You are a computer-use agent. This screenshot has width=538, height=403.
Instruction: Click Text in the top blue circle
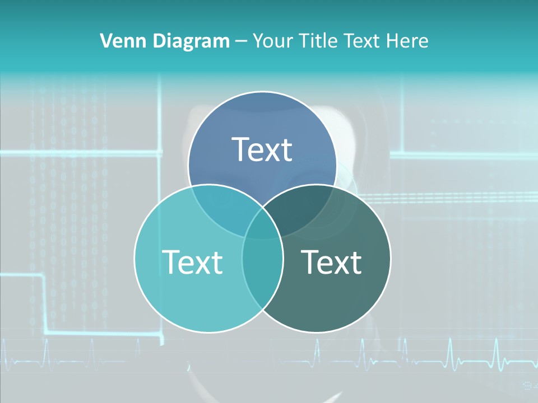tap(262, 149)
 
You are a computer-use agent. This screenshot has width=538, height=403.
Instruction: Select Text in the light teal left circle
tap(192, 261)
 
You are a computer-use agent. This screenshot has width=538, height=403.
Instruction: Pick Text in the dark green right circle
tap(332, 261)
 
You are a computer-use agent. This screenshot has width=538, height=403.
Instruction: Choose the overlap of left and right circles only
tap(262, 269)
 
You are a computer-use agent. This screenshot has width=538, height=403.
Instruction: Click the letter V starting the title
tap(105, 41)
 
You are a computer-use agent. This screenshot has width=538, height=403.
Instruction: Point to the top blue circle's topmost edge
tap(262, 92)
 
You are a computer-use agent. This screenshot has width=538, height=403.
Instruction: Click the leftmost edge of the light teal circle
tap(134, 258)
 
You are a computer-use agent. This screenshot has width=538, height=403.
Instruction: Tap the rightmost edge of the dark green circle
tap(391, 258)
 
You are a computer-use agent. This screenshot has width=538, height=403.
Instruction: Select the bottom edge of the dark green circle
tap(317, 332)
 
